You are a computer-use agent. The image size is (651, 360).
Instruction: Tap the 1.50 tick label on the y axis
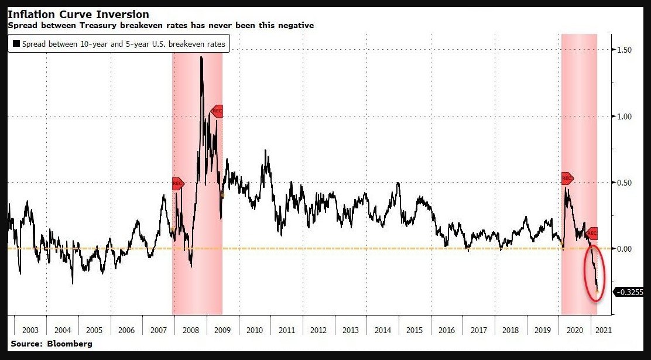point(624,50)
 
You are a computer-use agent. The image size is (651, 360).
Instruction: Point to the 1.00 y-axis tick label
point(624,116)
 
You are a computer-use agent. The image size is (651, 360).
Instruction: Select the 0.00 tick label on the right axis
point(624,249)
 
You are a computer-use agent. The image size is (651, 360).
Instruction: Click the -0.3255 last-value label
point(630,292)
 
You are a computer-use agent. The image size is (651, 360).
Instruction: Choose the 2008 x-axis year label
point(190,330)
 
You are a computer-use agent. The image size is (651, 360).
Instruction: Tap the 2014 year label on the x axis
point(383,330)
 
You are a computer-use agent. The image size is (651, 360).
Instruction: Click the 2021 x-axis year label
point(603,330)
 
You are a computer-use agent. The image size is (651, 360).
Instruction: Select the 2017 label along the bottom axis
point(479,330)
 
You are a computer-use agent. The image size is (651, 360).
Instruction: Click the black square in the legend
point(16,44)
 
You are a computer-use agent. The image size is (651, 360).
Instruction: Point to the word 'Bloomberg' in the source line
point(69,344)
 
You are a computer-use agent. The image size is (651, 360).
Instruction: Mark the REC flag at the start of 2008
point(178,184)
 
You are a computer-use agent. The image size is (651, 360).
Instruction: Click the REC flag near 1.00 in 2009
point(217,111)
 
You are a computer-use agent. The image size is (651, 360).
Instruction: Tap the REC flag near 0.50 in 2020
point(567,178)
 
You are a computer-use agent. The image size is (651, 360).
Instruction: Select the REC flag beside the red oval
point(592,233)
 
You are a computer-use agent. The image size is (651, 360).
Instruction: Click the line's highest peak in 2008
point(201,57)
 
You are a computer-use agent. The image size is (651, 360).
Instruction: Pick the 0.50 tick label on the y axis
point(624,183)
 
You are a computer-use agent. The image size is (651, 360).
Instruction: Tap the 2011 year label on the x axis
point(287,330)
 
